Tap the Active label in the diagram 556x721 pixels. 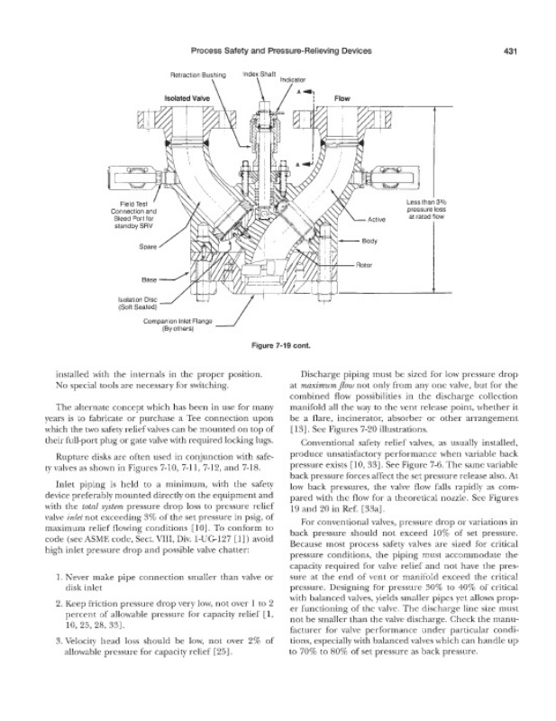[378, 219]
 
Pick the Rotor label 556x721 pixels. [365, 264]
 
